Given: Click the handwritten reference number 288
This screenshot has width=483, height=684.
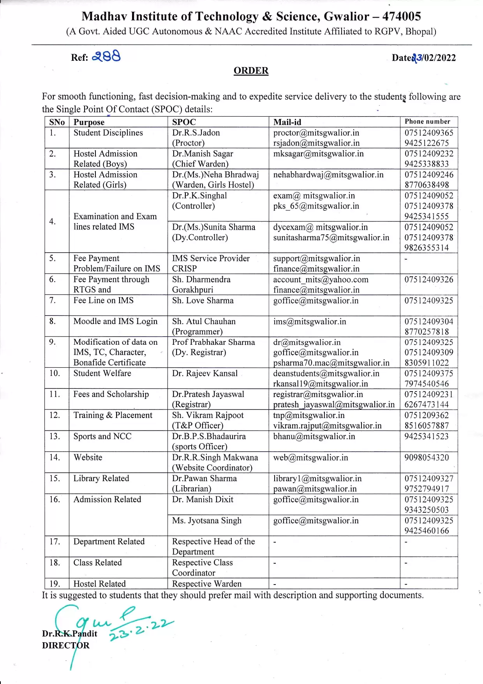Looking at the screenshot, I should [106, 57].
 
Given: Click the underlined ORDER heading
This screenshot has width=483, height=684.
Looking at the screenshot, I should [251, 71].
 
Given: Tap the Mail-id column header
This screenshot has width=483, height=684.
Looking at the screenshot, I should [287, 122].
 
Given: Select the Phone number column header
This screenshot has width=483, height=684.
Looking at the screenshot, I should [427, 122].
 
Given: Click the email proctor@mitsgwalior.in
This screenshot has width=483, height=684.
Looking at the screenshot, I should [316, 133].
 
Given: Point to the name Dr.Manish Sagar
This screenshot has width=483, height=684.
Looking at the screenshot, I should [203, 154].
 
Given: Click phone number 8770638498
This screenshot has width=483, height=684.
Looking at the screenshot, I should [427, 185].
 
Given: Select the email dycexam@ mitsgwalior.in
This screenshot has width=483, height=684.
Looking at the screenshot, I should [320, 227].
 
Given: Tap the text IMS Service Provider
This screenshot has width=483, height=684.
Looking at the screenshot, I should [211, 258].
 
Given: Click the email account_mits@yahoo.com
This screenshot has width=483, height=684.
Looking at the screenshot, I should [321, 279].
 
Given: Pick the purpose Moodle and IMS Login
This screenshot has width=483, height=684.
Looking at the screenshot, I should [115, 321].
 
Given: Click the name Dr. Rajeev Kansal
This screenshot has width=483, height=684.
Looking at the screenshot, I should [204, 373].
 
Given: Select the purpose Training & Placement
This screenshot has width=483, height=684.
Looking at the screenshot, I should [113, 415].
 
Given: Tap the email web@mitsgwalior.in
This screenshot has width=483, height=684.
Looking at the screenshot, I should [310, 457].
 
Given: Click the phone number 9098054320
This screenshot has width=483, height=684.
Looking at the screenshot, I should [427, 457].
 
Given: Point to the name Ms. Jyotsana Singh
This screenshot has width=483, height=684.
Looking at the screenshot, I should [206, 521].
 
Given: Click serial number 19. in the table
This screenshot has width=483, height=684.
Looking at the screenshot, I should [55, 583].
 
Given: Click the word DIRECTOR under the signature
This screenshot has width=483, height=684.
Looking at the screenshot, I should [65, 645].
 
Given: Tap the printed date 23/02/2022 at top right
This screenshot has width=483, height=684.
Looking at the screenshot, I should [434, 58].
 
